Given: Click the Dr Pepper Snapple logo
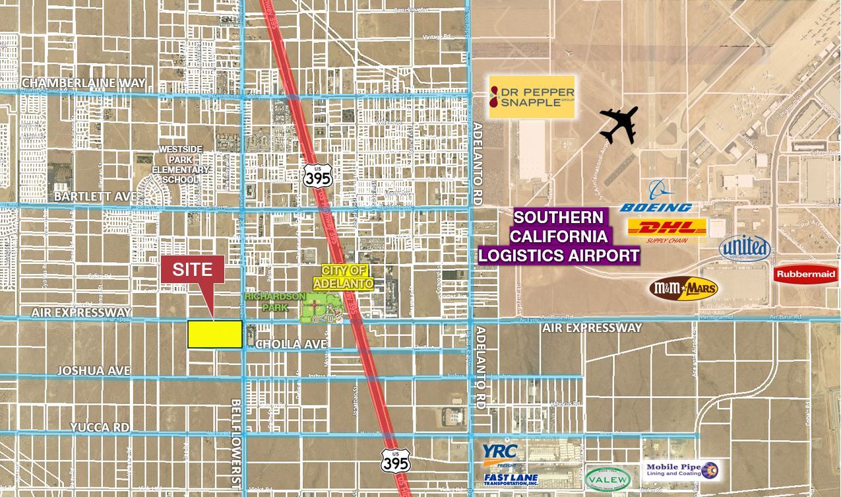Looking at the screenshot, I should (x=532, y=96).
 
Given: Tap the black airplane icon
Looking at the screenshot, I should (x=619, y=125).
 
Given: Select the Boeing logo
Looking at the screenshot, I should (x=656, y=198).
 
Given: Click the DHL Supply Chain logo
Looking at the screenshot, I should (x=667, y=230).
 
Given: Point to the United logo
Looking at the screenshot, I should (x=745, y=248).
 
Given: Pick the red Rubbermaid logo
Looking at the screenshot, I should (x=805, y=274).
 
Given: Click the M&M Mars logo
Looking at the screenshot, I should (x=683, y=288).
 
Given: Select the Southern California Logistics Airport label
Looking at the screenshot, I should (x=559, y=236).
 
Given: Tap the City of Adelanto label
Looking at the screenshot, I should (x=343, y=277).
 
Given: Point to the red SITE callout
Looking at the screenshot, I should (x=193, y=271).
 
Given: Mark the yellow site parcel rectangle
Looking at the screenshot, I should (x=214, y=334).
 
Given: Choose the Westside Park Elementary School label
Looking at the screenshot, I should (x=179, y=165).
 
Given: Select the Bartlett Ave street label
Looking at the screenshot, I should (x=95, y=197).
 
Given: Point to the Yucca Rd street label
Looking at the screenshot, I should (x=101, y=427).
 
